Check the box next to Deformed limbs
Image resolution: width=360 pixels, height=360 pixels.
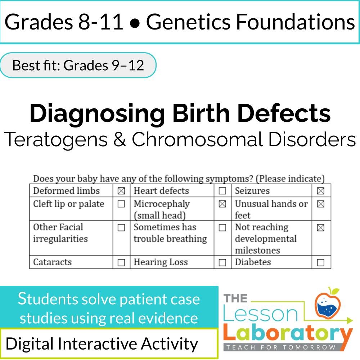(x=121, y=191)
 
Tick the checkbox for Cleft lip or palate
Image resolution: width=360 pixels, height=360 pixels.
(x=121, y=204)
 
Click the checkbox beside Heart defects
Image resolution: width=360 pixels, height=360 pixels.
(x=222, y=191)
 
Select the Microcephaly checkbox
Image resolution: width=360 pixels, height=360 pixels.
(x=222, y=204)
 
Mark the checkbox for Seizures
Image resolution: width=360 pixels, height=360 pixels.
(x=320, y=191)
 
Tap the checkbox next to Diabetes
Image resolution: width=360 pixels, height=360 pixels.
(x=320, y=262)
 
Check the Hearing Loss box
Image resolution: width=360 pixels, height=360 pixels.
(x=222, y=262)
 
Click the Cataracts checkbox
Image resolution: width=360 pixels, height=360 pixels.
(x=121, y=262)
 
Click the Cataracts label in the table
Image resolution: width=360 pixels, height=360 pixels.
(x=52, y=262)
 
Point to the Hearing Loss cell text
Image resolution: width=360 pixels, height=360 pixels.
(x=161, y=262)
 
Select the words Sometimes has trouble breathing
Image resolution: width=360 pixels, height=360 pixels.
(x=170, y=233)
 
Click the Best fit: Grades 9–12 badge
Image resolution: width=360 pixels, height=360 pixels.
(x=78, y=65)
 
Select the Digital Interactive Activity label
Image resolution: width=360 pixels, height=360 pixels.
(x=102, y=344)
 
